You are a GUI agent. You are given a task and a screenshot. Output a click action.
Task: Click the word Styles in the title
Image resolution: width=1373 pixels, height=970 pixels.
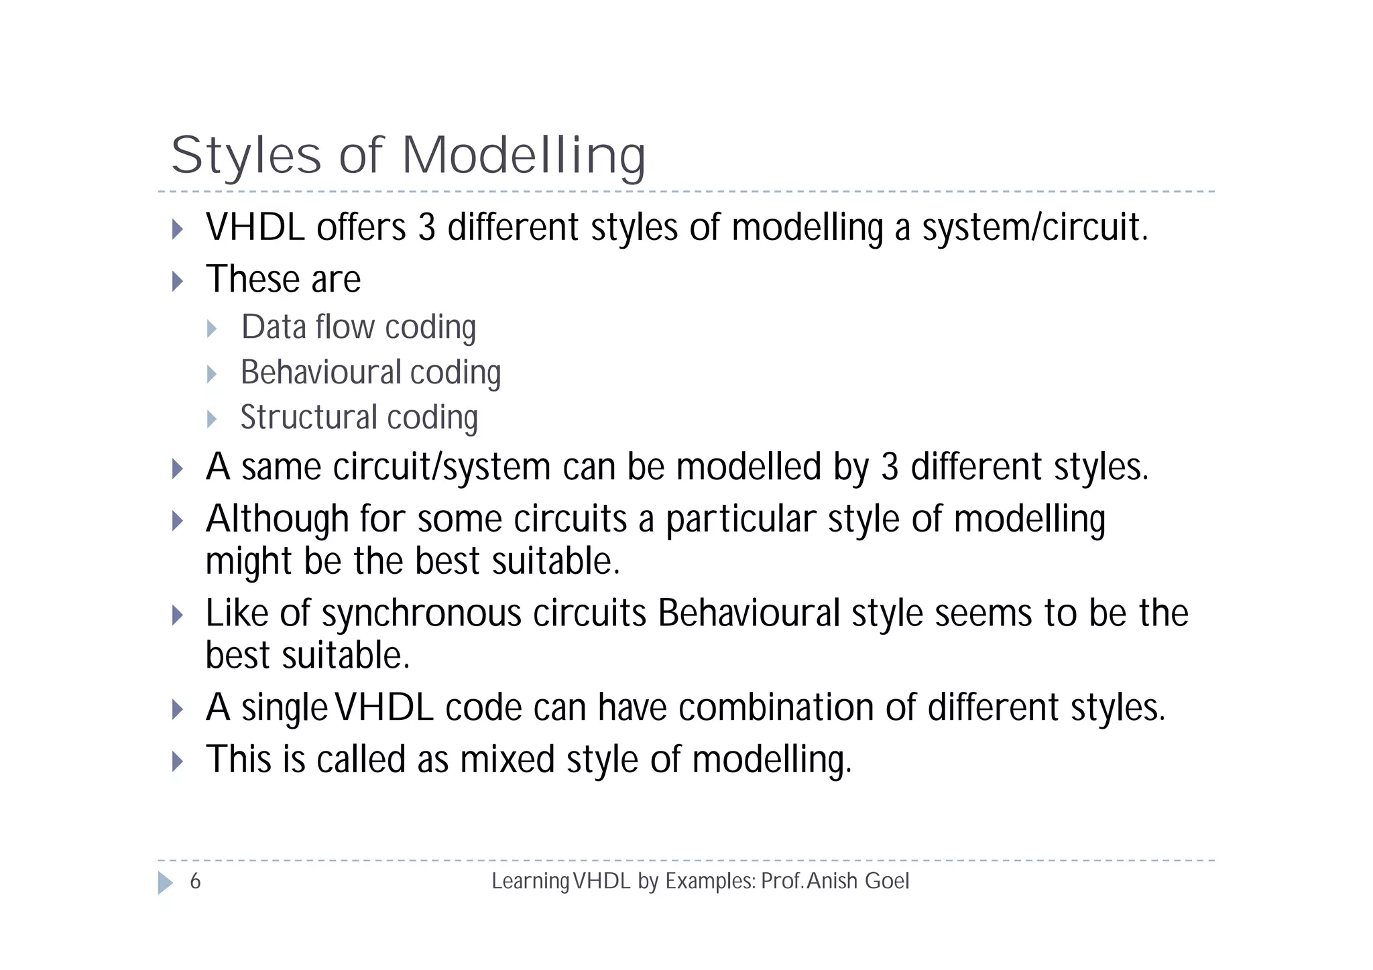coord(246,156)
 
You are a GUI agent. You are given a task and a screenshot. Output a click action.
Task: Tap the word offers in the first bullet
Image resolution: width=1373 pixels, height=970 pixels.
coord(361,227)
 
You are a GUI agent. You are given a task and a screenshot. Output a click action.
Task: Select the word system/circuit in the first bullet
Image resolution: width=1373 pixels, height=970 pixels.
coord(1035,227)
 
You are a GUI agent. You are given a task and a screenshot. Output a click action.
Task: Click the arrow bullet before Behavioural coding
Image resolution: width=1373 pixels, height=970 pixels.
coord(213,374)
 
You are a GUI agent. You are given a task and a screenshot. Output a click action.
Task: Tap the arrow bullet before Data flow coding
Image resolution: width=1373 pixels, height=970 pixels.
coord(213,328)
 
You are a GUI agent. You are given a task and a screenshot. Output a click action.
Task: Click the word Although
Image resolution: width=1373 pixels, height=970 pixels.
coord(277,520)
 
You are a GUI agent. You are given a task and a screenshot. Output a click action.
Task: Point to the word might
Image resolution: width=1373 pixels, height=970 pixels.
coord(249,561)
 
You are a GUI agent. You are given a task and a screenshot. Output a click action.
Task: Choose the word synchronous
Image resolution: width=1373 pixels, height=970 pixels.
coord(422,613)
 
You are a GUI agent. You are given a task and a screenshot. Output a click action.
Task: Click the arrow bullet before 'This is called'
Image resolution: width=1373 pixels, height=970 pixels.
coord(178,762)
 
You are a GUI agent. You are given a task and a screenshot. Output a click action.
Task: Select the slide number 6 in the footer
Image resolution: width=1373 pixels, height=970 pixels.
coord(195,881)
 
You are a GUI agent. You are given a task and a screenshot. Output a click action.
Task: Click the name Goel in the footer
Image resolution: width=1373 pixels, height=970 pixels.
coord(887,881)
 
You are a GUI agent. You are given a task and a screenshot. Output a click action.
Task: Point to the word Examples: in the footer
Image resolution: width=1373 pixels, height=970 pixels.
coord(710,881)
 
